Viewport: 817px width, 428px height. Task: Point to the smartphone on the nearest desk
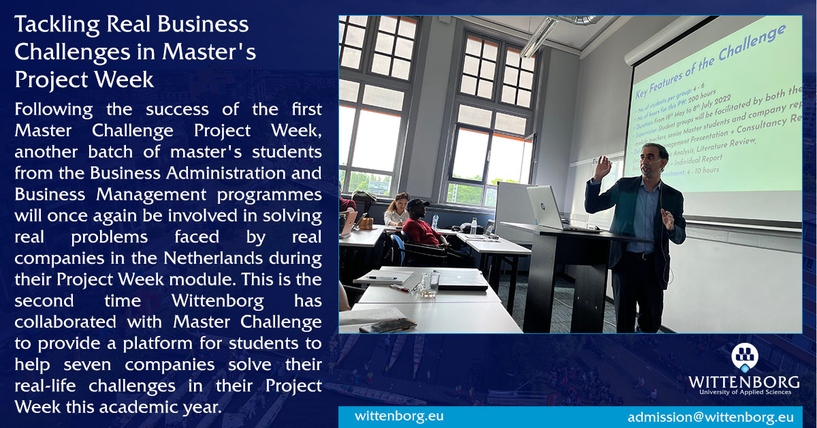click(x=387, y=324)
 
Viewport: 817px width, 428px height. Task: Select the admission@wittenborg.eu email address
click(x=710, y=417)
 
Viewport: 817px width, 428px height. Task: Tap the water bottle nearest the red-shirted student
click(x=473, y=226)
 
